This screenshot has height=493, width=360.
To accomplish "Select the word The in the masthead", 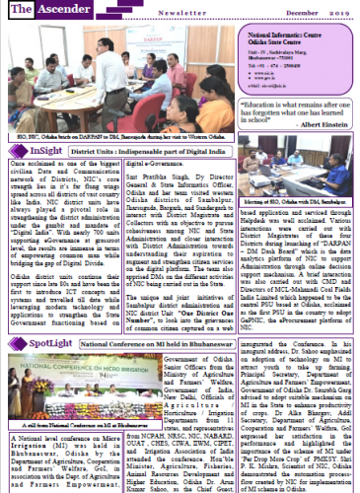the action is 22,10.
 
